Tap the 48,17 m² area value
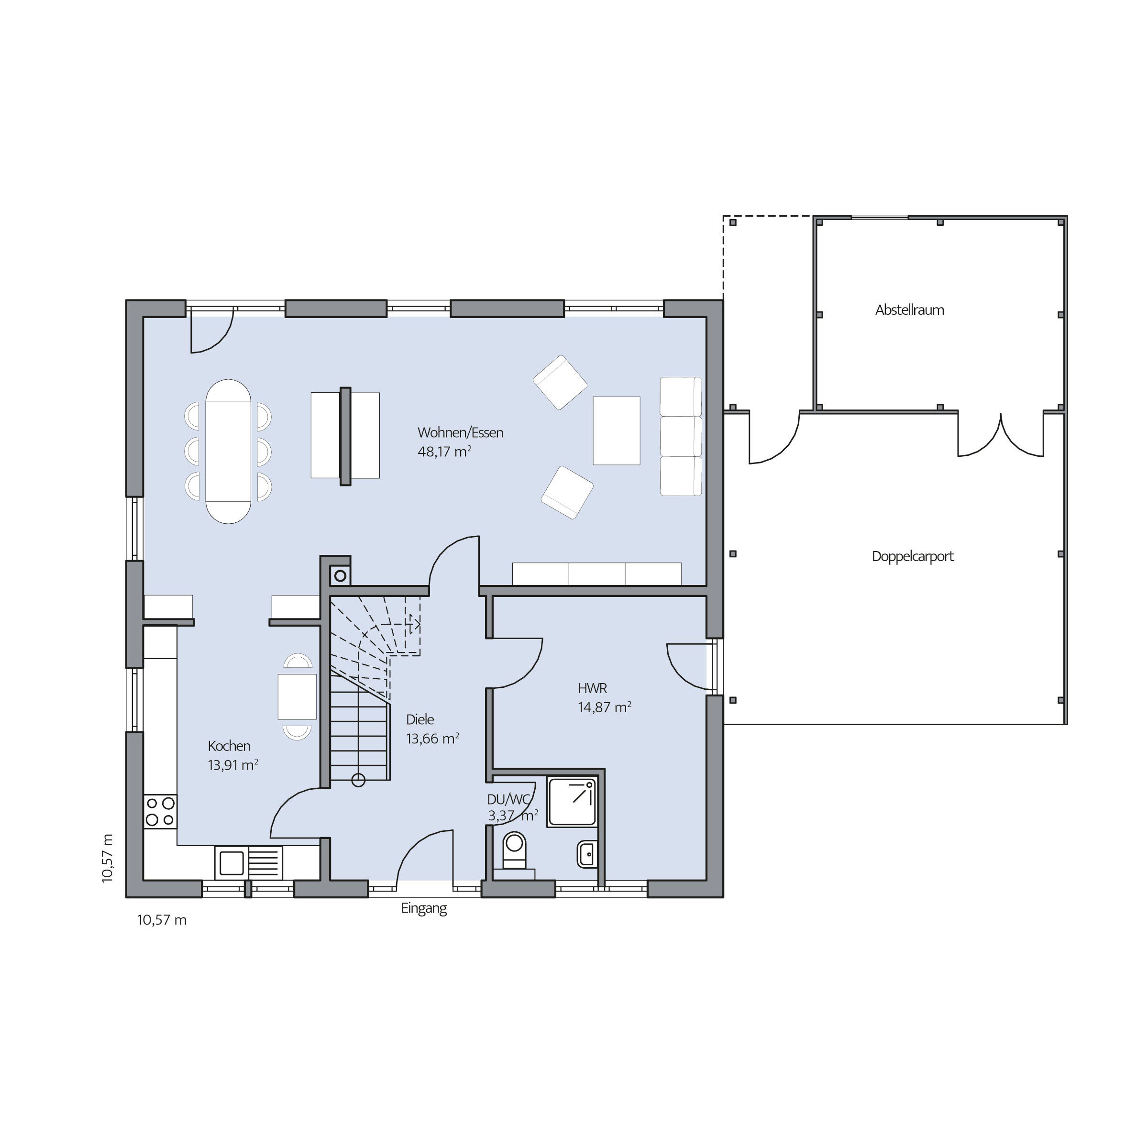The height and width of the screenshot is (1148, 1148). point(444,452)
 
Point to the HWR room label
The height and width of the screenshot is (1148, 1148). point(593,689)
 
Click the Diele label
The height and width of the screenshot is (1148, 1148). point(420,719)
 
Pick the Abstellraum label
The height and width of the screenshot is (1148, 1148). point(909,310)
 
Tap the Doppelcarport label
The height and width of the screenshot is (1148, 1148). point(913,557)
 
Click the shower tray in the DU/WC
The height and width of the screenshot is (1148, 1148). point(572,802)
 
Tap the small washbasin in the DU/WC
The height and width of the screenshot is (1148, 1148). point(587,854)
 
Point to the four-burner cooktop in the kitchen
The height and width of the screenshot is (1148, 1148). point(160,812)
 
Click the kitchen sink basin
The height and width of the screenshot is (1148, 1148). point(232,863)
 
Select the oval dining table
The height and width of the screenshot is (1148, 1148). point(228,452)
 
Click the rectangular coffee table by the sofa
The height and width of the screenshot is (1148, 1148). point(616,431)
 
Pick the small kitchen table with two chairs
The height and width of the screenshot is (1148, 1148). point(297,696)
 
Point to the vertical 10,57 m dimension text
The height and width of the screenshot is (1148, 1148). point(107,858)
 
